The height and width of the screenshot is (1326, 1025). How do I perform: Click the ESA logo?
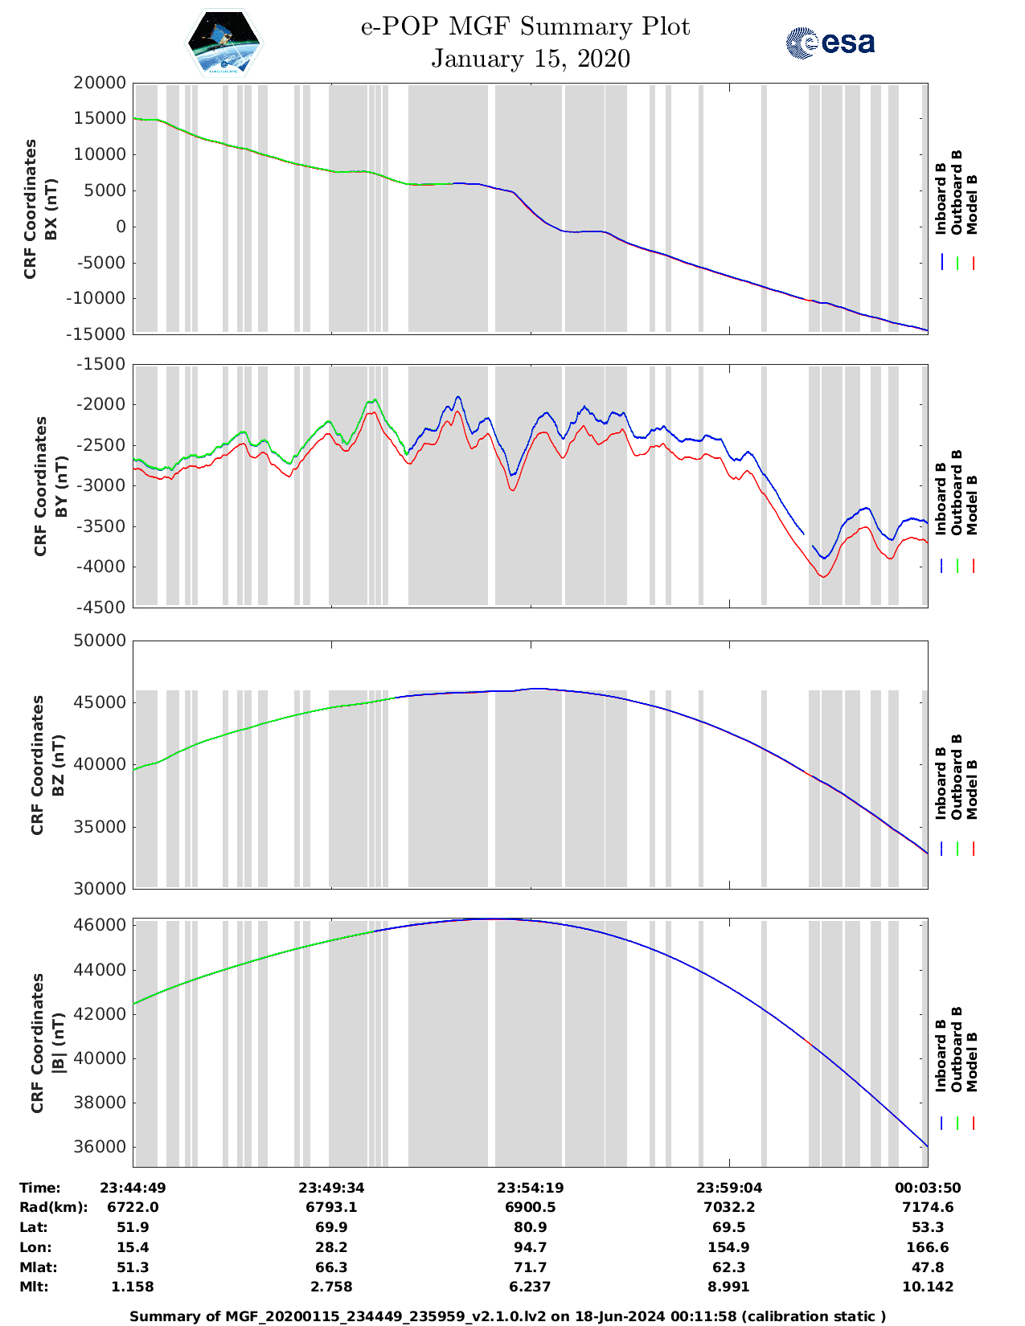[x=830, y=43]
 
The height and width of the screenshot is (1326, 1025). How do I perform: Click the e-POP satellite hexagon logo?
[x=223, y=43]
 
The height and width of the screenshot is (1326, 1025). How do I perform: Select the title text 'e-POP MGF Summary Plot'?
[x=525, y=27]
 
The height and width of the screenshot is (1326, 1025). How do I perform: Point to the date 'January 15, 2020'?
[x=531, y=59]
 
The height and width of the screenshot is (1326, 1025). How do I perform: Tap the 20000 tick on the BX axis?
[x=100, y=83]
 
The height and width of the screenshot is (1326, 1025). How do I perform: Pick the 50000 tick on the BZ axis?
[x=100, y=640]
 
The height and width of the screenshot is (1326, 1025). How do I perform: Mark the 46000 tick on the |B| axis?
[x=100, y=925]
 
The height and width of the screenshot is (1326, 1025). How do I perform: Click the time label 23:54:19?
[x=530, y=1188]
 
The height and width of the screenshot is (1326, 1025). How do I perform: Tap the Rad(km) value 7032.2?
[x=728, y=1207]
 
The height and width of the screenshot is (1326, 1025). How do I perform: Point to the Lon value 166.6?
[x=927, y=1247]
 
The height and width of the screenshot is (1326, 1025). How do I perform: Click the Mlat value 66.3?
[x=331, y=1267]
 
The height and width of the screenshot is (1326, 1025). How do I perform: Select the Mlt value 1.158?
[x=133, y=1287]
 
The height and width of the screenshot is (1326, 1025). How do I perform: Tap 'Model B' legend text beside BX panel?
[x=971, y=204]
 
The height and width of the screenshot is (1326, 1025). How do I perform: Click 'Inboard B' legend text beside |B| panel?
[x=941, y=1055]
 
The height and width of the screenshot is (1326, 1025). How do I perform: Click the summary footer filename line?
[x=507, y=1316]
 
